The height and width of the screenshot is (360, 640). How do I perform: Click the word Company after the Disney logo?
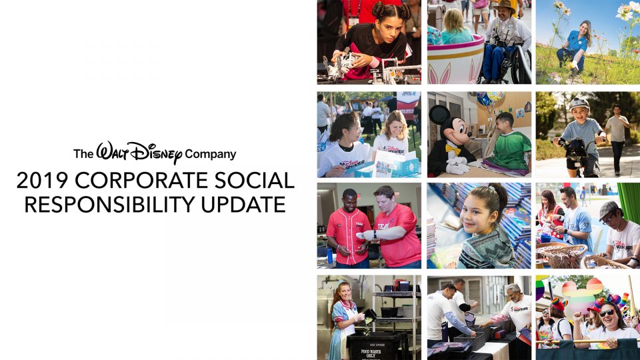[x=211, y=155]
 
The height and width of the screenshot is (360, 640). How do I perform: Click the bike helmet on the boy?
[x=579, y=105]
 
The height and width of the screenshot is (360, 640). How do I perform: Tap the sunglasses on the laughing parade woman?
[x=607, y=313]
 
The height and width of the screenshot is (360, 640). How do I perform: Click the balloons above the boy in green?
[x=486, y=99]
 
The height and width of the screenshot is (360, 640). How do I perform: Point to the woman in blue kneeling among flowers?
[x=577, y=45]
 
